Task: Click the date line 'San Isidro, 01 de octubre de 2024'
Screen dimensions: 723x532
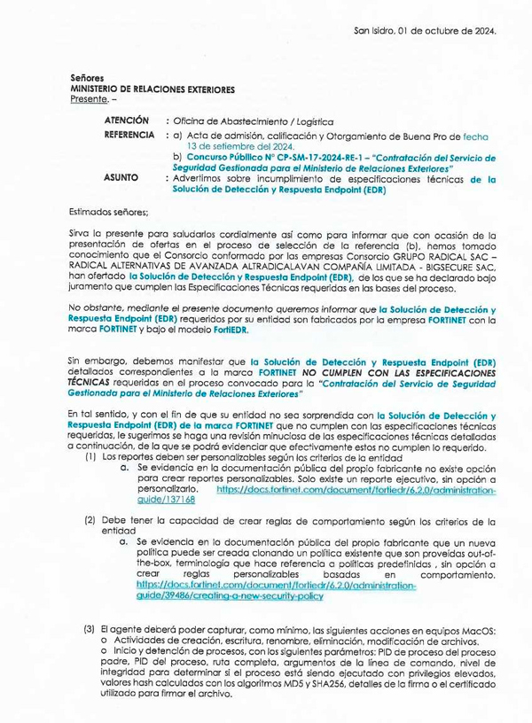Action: (425, 30)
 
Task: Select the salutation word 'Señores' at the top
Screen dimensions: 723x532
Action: (86, 79)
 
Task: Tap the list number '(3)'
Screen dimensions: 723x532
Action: (90, 629)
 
